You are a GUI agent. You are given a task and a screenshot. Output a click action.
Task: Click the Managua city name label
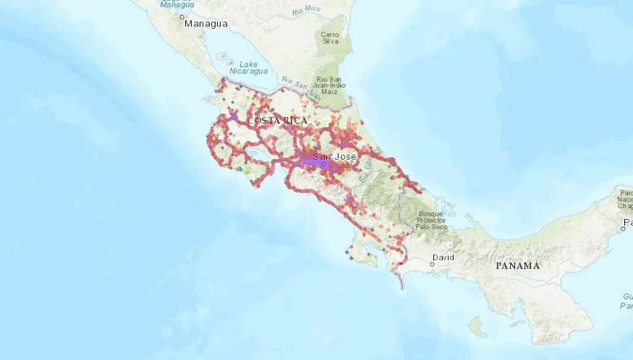click(x=206, y=24)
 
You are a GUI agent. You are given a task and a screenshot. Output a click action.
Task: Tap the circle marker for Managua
click(x=182, y=15)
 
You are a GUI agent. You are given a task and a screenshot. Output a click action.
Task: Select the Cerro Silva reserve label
click(x=330, y=38)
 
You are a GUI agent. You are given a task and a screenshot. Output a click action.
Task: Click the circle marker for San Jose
click(x=324, y=164)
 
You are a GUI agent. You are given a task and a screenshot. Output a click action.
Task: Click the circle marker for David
click(x=432, y=265)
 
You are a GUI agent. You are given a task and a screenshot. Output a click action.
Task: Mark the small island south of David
click(x=475, y=327)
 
